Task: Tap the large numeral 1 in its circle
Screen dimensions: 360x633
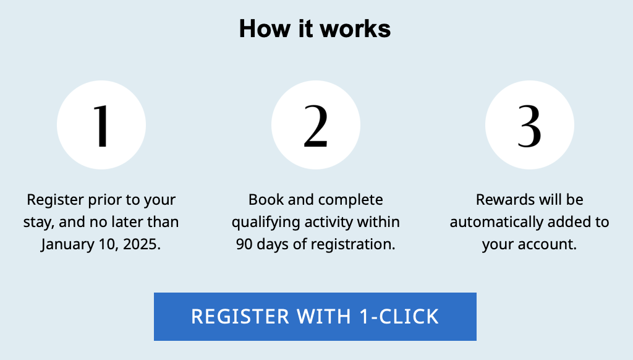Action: coord(101,126)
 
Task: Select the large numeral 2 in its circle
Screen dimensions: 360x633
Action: coord(316,126)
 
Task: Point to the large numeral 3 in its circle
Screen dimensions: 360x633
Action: coord(530,126)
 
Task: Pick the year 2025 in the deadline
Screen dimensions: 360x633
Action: coord(140,244)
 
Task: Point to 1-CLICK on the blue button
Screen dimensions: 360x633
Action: coord(399,317)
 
